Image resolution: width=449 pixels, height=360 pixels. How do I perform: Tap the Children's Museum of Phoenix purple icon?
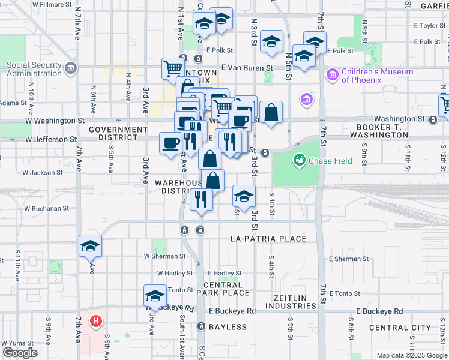point(332,76)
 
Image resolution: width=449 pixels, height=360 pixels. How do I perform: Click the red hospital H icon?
point(95,321)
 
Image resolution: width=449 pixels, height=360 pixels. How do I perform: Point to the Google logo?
point(20,353)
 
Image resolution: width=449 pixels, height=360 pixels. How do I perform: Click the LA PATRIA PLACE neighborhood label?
point(268,239)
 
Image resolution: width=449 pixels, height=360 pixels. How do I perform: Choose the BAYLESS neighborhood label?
point(228,327)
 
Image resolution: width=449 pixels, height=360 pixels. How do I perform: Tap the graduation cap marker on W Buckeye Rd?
point(155,296)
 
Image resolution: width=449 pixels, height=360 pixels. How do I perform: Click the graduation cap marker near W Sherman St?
point(90,245)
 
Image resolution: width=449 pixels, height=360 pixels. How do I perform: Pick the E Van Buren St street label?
point(247,68)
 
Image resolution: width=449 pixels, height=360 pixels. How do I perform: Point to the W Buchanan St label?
point(46,209)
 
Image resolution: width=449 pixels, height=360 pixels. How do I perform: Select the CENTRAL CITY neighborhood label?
point(400,328)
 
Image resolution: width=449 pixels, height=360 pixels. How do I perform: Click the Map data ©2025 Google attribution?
point(411,355)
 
